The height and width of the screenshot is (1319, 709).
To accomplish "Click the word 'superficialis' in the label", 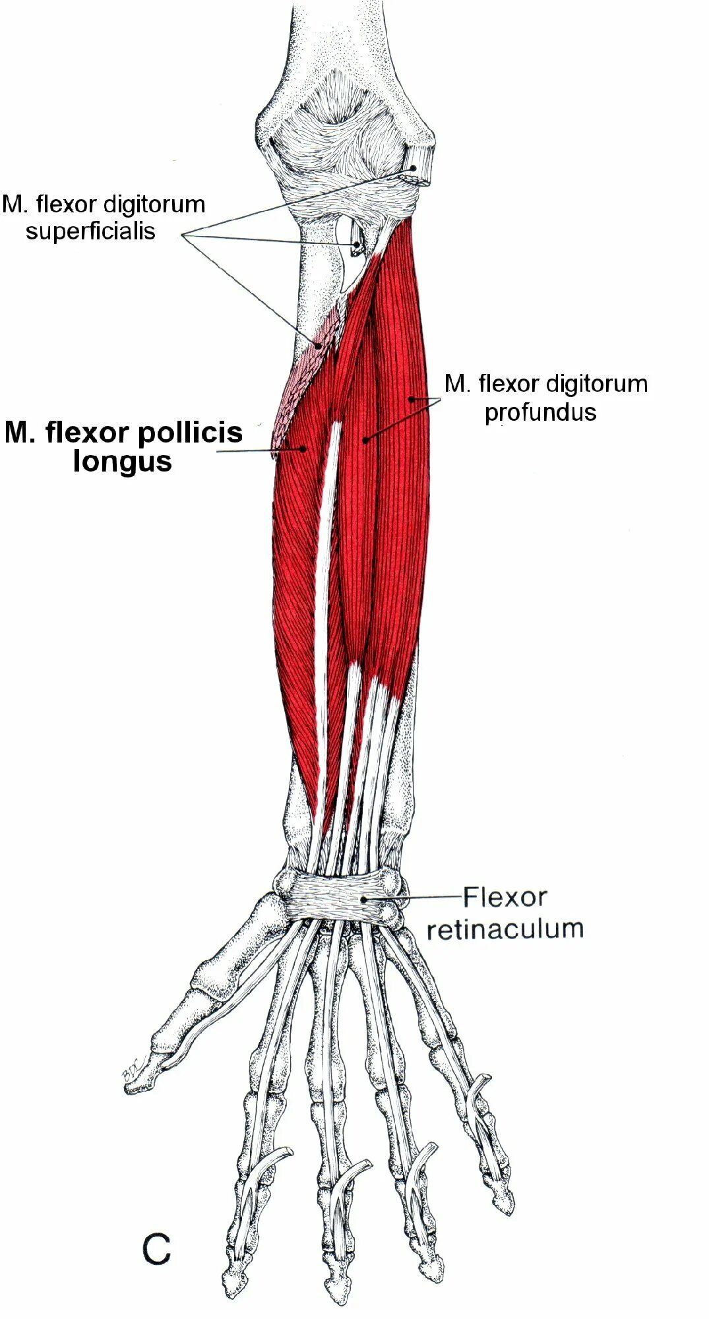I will (x=90, y=231).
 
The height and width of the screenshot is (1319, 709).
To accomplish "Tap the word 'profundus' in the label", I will (x=540, y=413).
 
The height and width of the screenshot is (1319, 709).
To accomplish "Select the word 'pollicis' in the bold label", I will (x=189, y=433).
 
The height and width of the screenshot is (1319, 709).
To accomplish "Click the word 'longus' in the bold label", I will (x=123, y=462).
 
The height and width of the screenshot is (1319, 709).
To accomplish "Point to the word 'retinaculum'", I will (x=505, y=929).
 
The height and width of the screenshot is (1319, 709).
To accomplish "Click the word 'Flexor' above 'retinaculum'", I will (x=505, y=897).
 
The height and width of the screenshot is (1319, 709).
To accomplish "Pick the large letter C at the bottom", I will (x=157, y=1249).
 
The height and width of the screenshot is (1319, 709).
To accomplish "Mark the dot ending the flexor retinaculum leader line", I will (x=363, y=899).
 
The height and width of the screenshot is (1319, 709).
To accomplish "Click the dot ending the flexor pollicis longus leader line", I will (x=303, y=448).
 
